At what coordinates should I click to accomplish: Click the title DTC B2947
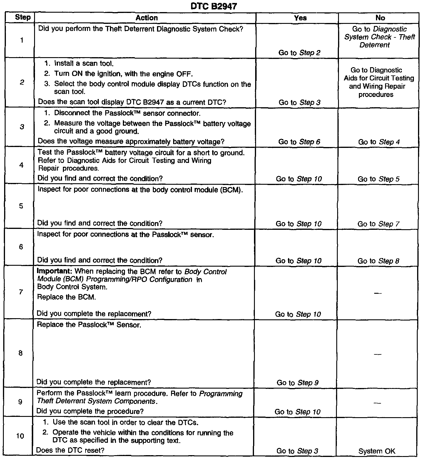click(213, 6)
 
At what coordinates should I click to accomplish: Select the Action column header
click(146, 18)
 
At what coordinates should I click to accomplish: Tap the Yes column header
click(300, 18)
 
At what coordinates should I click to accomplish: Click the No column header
click(380, 18)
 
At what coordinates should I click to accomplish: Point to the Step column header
click(23, 17)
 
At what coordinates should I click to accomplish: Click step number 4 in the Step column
click(21, 165)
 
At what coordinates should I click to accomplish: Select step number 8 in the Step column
click(20, 353)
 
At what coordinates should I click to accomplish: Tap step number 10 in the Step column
click(20, 436)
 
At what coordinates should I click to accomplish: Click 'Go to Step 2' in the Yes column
click(299, 53)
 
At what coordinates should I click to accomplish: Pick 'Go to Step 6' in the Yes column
click(299, 142)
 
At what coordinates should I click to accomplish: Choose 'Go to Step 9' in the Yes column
click(297, 383)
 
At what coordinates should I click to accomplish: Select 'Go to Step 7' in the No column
click(378, 224)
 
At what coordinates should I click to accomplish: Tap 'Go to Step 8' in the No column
click(378, 261)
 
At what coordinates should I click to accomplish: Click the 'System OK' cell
click(377, 451)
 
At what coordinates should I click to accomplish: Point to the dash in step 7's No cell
click(378, 293)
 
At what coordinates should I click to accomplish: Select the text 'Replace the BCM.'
click(66, 297)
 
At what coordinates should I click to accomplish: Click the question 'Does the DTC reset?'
click(70, 450)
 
